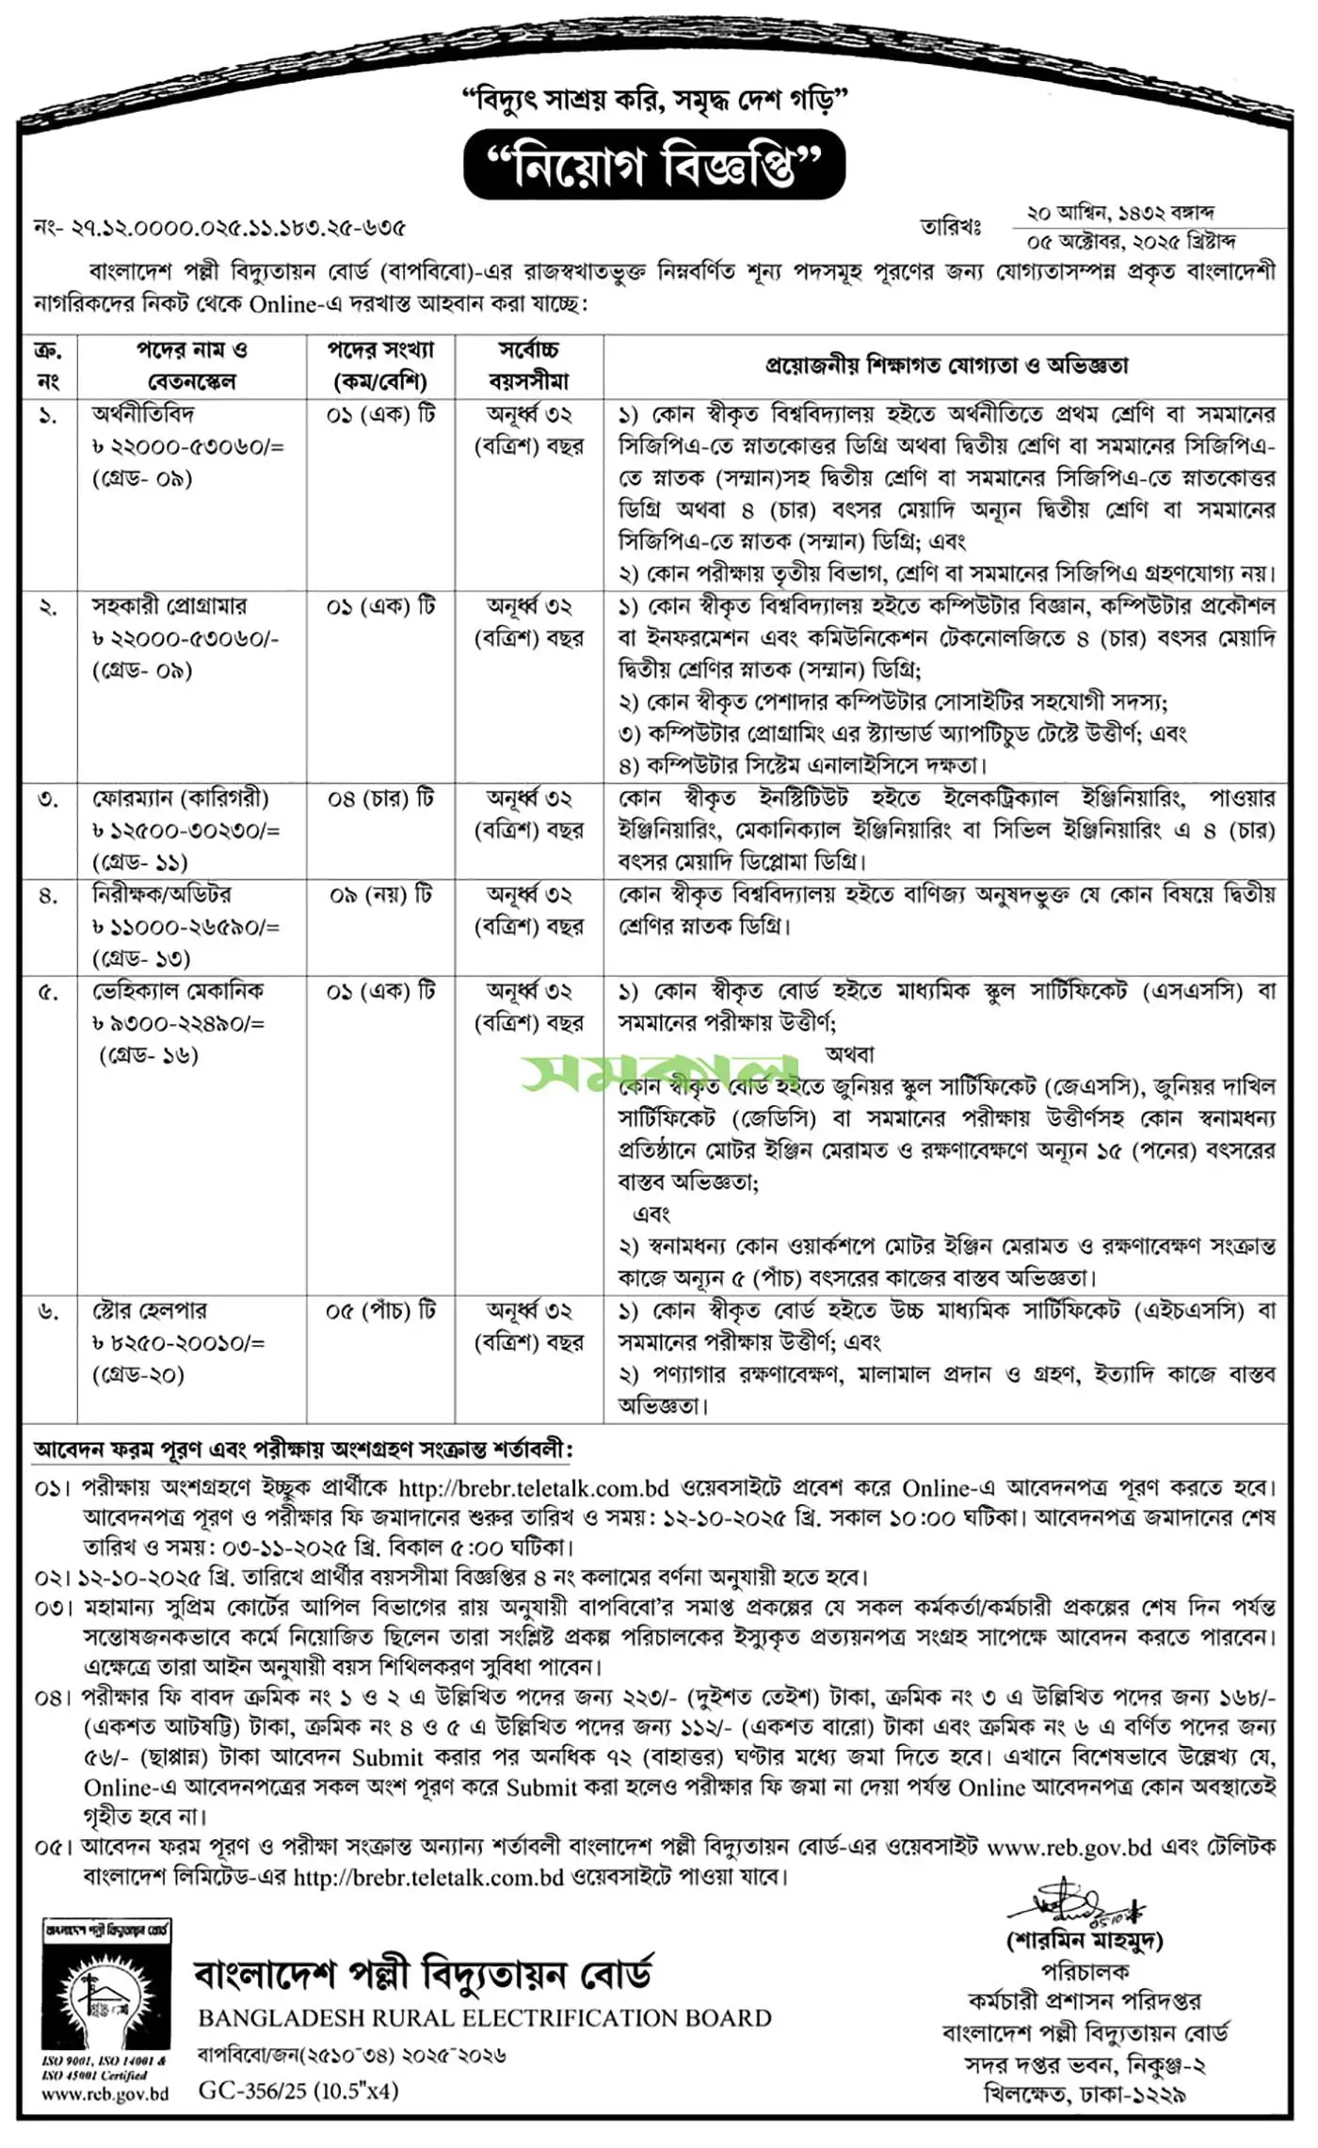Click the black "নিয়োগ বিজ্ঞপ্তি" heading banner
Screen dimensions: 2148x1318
tap(654, 166)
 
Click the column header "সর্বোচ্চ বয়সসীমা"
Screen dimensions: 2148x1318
tap(529, 366)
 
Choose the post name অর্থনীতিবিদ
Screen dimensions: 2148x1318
tap(143, 414)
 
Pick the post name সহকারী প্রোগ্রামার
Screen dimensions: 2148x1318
tap(169, 606)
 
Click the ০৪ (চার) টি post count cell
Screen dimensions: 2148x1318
tap(380, 799)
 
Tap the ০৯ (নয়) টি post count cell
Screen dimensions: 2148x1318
tap(380, 895)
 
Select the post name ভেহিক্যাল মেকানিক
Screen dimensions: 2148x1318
tap(178, 991)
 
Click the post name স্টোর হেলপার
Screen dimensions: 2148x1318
tap(149, 1311)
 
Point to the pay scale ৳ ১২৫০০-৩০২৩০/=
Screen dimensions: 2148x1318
tap(185, 831)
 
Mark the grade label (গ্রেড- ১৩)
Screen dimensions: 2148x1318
tap(141, 959)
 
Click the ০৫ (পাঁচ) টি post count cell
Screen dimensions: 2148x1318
tap(380, 1311)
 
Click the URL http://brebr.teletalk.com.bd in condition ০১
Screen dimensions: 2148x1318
tap(534, 1488)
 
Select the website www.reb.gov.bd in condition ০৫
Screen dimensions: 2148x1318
tap(1069, 1847)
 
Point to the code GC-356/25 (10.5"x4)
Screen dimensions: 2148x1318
tap(298, 2091)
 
